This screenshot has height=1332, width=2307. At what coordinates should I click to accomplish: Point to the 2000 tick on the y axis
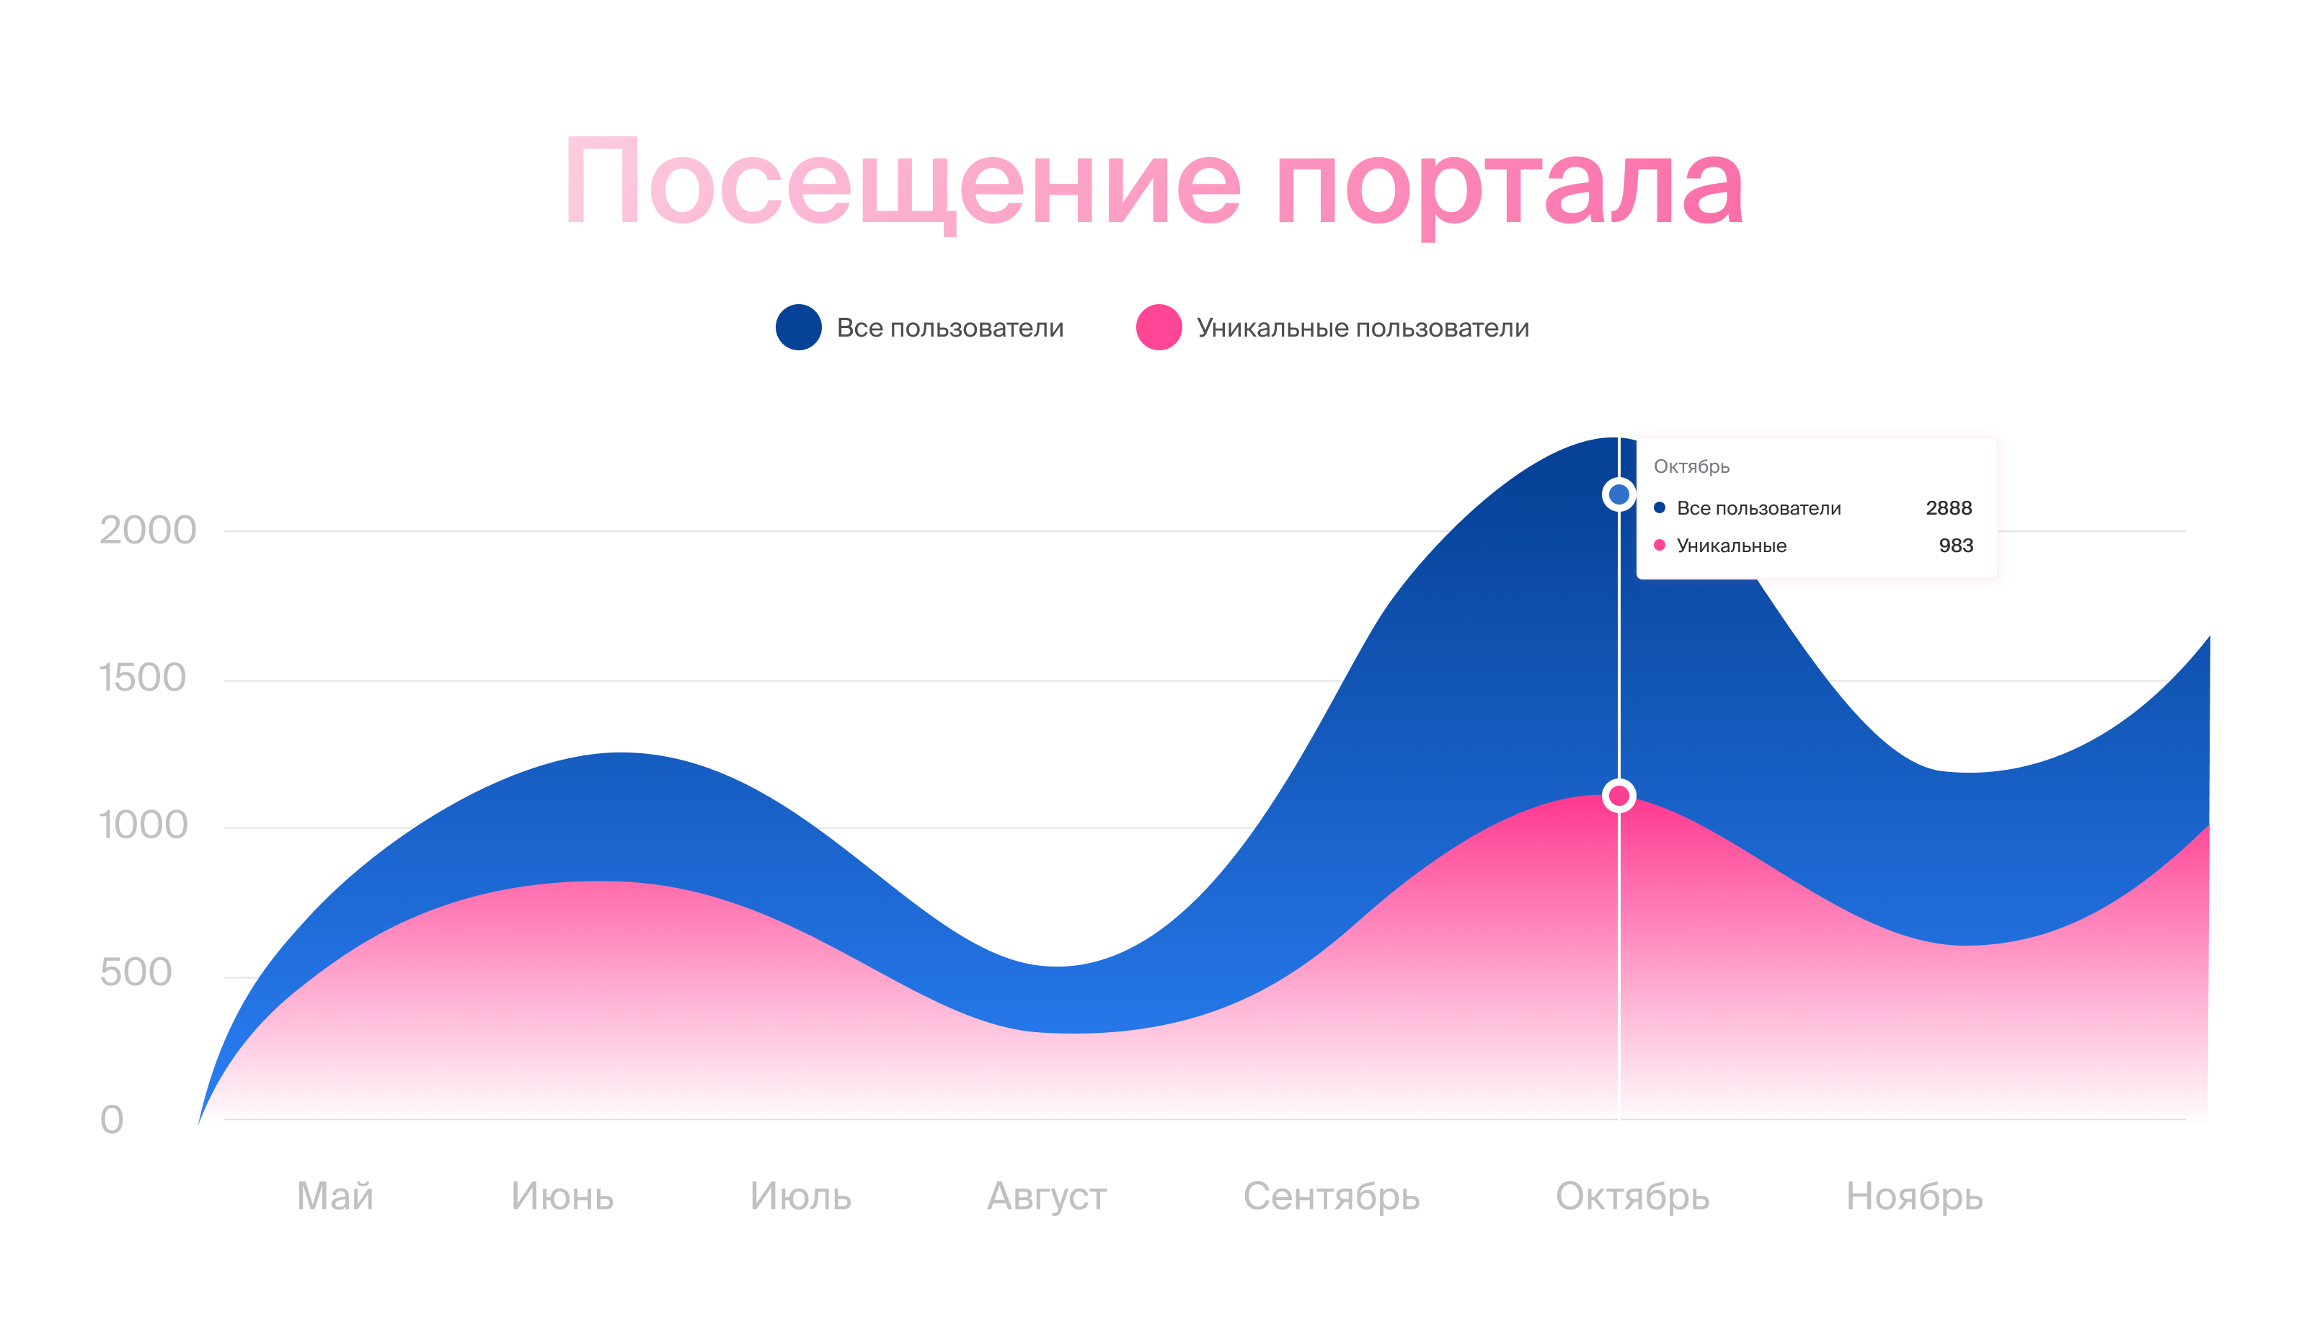click(147, 530)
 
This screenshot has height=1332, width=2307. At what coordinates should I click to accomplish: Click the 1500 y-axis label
click(142, 678)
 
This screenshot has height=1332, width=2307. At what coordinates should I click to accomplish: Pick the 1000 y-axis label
click(143, 825)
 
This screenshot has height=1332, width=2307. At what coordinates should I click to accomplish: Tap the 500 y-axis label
click(136, 972)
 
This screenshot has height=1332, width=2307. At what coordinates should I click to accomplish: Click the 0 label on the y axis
click(112, 1120)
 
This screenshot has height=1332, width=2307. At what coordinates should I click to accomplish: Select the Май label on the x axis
click(335, 1196)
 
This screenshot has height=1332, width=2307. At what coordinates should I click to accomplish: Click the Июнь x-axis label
click(562, 1196)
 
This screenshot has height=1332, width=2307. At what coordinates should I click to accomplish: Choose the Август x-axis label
click(1047, 1197)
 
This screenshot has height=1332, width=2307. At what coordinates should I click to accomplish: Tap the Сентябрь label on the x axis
click(1331, 1197)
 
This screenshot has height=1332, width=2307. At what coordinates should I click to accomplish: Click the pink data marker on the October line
click(1619, 795)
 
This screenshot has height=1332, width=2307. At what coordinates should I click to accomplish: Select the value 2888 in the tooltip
click(1949, 507)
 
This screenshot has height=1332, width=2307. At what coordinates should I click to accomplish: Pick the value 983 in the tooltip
click(1956, 545)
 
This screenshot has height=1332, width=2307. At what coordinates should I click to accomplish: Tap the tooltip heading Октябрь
click(1691, 466)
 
